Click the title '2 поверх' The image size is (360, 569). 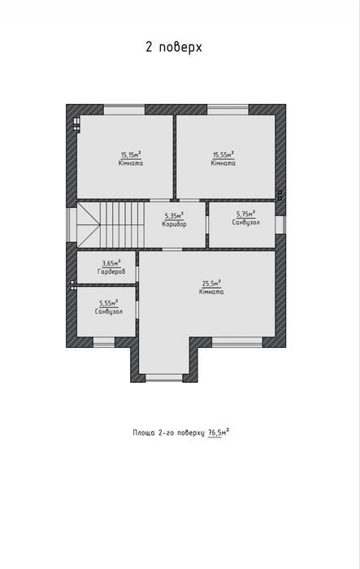(173, 47)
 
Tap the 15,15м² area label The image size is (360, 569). (131, 155)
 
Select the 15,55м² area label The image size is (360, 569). (223, 155)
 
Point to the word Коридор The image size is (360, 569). (174, 224)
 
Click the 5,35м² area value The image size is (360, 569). (174, 216)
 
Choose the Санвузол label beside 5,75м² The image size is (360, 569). (245, 223)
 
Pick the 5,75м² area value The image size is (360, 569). (245, 214)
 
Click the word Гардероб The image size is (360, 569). (111, 271)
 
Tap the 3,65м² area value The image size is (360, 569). (111, 263)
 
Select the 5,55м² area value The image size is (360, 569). (109, 303)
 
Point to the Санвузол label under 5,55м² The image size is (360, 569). (109, 311)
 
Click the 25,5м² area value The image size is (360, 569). (211, 284)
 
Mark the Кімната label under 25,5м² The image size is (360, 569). (211, 292)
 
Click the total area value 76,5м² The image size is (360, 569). (219, 433)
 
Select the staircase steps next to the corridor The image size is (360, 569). (122, 225)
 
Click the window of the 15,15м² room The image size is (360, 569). (124, 110)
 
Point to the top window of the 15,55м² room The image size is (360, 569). (228, 110)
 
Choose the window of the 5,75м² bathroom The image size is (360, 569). (280, 224)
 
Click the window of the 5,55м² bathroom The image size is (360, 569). (104, 342)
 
